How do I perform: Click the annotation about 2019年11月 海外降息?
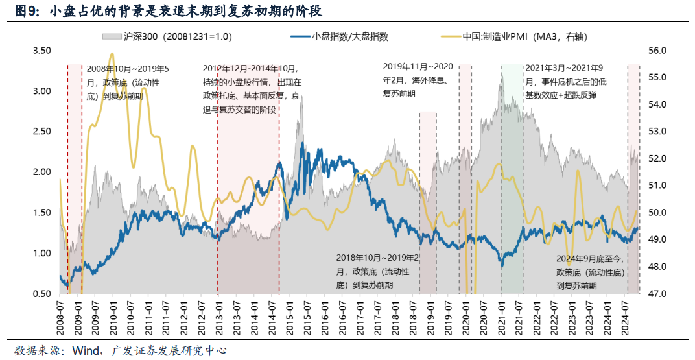tap(418, 80)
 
